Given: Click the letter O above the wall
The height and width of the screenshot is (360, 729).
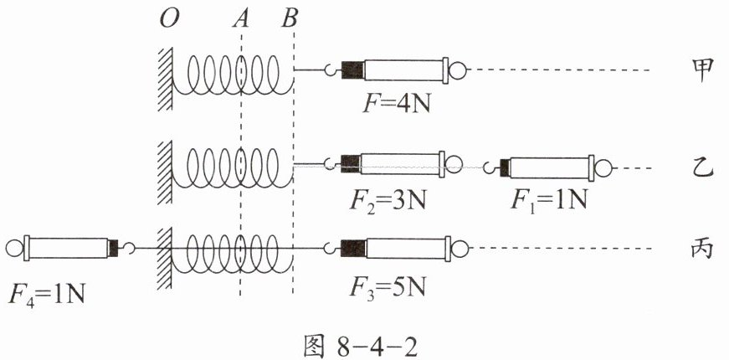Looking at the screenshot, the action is (169, 20).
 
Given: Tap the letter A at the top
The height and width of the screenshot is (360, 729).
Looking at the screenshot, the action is (240, 20).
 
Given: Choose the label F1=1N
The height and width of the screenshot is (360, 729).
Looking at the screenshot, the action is (548, 199).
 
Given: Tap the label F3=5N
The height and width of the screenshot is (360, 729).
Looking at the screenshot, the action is (388, 287).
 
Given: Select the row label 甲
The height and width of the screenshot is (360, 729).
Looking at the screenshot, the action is (701, 71).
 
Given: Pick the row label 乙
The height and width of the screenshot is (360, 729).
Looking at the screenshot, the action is (701, 169).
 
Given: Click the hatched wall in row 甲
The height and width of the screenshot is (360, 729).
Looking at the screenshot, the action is (165, 79).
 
